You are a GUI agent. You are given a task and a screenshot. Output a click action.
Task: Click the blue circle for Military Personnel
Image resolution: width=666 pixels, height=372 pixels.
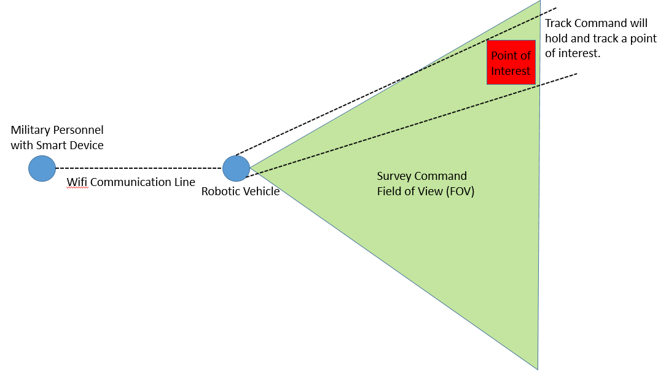pos(42,168)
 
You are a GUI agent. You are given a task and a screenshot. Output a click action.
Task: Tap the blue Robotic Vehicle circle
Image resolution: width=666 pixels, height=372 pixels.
pos(236,168)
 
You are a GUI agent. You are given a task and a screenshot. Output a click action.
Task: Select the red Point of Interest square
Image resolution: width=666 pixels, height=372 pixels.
pos(511,62)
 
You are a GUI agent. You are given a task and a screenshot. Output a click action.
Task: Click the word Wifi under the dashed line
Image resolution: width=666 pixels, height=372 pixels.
pos(77,182)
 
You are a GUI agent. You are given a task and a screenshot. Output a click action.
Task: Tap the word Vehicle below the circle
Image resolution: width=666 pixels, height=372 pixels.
pos(261,192)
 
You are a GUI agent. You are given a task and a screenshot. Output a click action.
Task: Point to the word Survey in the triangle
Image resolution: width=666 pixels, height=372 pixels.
pos(394,176)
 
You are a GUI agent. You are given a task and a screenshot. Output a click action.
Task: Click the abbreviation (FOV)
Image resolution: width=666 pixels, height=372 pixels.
pos(461,191)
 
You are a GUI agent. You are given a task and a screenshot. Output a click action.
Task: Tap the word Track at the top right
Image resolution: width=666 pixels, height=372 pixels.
pos(558,24)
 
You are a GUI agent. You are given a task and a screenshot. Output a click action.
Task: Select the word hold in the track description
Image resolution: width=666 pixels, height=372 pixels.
pos(557,39)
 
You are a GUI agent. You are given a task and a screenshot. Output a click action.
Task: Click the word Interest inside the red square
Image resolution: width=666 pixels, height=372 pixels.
pos(511,71)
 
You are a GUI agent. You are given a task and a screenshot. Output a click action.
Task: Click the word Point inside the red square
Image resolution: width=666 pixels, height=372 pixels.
pos(504,56)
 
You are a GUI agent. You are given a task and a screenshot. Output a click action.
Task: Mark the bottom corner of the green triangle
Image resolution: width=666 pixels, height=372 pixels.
pos(538,369)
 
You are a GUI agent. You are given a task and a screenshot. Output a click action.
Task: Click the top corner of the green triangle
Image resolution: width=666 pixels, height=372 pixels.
pos(540,1)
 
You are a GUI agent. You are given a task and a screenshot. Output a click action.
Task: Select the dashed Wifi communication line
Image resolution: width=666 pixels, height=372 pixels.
pos(138,168)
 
